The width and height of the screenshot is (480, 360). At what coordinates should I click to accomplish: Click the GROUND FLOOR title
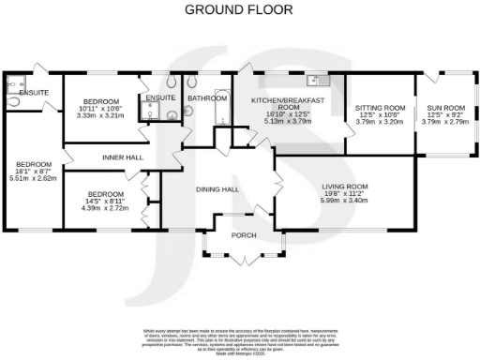point(238,10)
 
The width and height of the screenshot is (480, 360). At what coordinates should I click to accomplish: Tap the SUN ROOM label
point(444,108)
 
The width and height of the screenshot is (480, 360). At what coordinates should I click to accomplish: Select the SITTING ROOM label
point(379,108)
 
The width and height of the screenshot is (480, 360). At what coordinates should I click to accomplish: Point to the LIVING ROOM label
point(343,187)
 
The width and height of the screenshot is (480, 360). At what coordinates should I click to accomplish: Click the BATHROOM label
point(206,97)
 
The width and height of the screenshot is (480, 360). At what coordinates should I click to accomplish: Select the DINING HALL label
point(217,189)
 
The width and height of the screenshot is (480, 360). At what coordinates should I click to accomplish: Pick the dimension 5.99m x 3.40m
point(343,200)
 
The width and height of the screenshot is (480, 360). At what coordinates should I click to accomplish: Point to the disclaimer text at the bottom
point(240,337)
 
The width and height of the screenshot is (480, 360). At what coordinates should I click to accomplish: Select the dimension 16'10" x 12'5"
point(287,113)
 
